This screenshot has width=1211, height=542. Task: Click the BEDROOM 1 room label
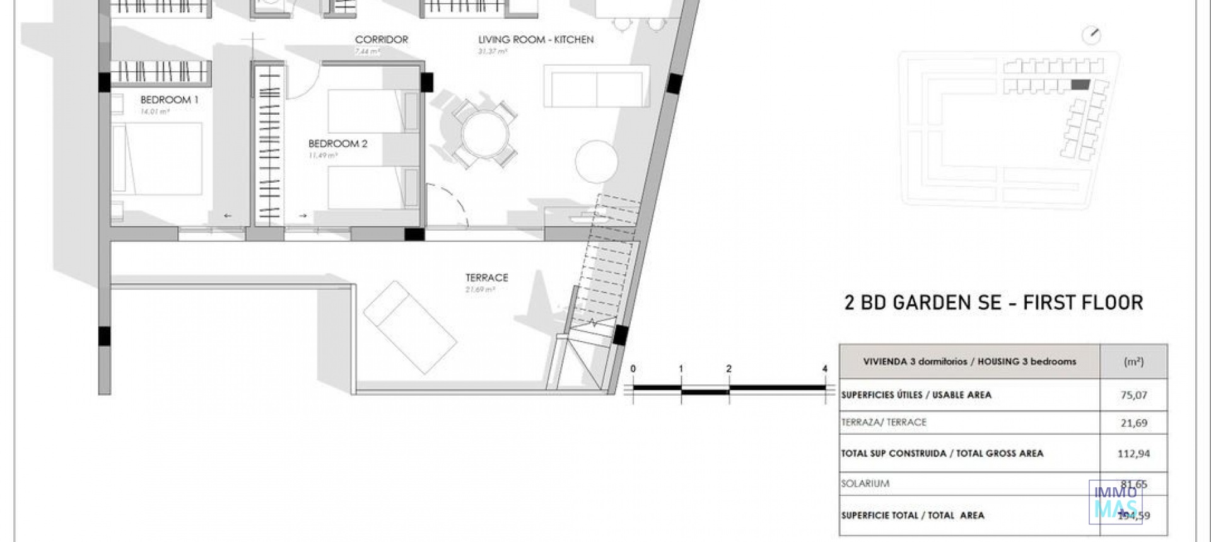coord(169,100)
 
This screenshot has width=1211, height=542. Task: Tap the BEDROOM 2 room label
coord(337,144)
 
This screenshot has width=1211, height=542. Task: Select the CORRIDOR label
coord(381,39)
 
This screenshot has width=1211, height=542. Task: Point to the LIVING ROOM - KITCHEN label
coord(535,39)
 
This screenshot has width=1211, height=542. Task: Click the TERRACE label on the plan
coord(486,277)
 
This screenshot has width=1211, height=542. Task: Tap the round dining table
coord(485,134)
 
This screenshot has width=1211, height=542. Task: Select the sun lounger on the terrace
coord(410,328)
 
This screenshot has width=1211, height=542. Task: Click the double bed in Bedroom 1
coord(158,158)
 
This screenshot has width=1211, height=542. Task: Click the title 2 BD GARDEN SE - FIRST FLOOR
coord(993,303)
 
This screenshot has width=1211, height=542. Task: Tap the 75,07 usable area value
coord(1133,395)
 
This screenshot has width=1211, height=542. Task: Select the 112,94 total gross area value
coord(1133,453)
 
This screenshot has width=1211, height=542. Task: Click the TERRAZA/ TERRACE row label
coord(884,422)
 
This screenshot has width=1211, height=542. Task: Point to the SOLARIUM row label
coord(865,483)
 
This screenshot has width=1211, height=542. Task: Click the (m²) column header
coord(1133,361)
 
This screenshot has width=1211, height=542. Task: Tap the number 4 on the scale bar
coord(824,369)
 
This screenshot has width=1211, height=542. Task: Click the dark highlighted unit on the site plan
coord(1080,84)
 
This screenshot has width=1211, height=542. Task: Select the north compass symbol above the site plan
coord(1091,35)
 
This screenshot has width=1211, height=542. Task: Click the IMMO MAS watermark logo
coord(1115,502)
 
